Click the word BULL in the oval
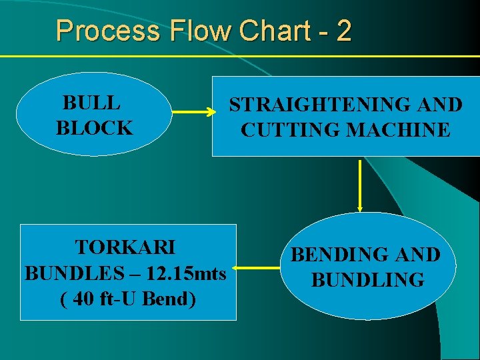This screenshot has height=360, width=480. [x=91, y=103]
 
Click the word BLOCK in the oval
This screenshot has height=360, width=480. [x=94, y=128]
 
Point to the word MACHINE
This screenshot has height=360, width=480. [x=402, y=130]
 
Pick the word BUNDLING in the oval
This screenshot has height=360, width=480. [x=367, y=279]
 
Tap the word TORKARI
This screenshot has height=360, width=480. [x=125, y=247]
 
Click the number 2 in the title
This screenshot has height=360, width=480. [x=343, y=31]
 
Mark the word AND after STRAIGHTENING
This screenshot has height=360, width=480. [x=437, y=105]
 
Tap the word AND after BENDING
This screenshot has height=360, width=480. [x=416, y=255]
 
